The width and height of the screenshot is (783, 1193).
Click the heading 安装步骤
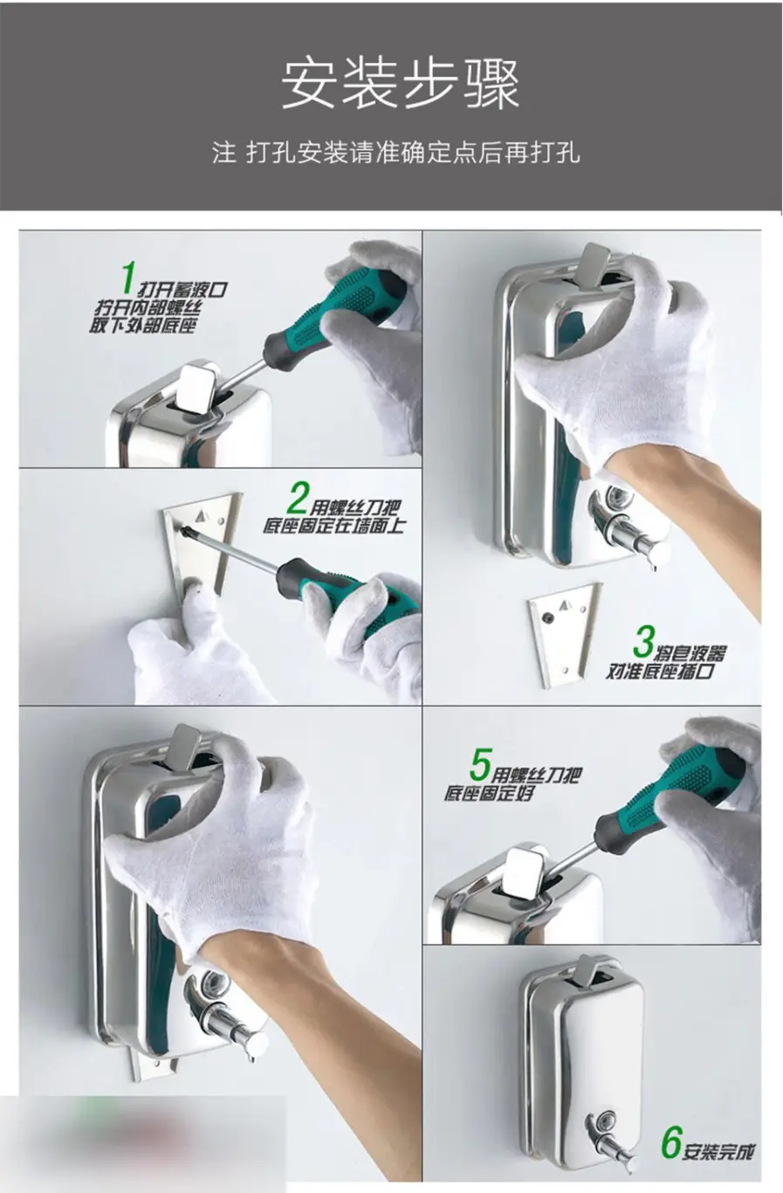point(400,85)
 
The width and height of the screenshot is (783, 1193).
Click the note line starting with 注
point(396,153)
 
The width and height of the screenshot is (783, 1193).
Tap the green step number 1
point(127,278)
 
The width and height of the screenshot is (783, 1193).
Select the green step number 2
point(298,497)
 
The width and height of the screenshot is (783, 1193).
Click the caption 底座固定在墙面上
point(334,525)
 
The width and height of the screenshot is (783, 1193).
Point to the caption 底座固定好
point(489,794)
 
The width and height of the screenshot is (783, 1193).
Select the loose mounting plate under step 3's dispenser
point(563,634)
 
